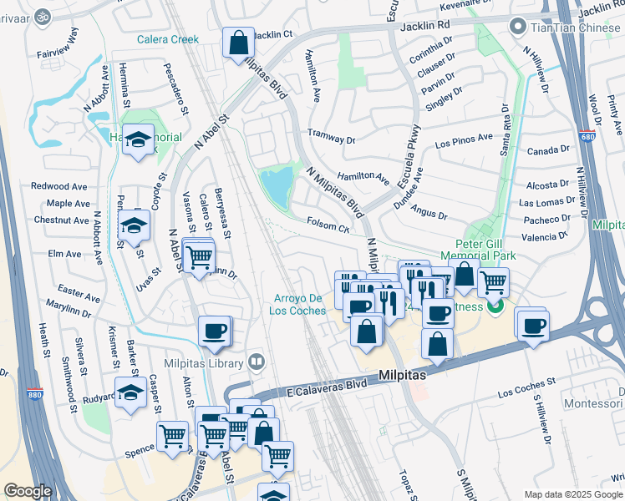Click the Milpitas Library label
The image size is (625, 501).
(x=209, y=362)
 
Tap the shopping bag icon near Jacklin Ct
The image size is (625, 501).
(x=237, y=43)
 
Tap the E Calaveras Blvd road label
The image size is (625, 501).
(x=327, y=387)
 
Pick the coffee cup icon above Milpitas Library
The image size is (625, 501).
(x=214, y=331)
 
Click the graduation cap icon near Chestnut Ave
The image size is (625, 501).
(x=134, y=225)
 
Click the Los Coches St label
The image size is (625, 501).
(x=526, y=388)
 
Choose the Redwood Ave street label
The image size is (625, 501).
(x=59, y=186)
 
